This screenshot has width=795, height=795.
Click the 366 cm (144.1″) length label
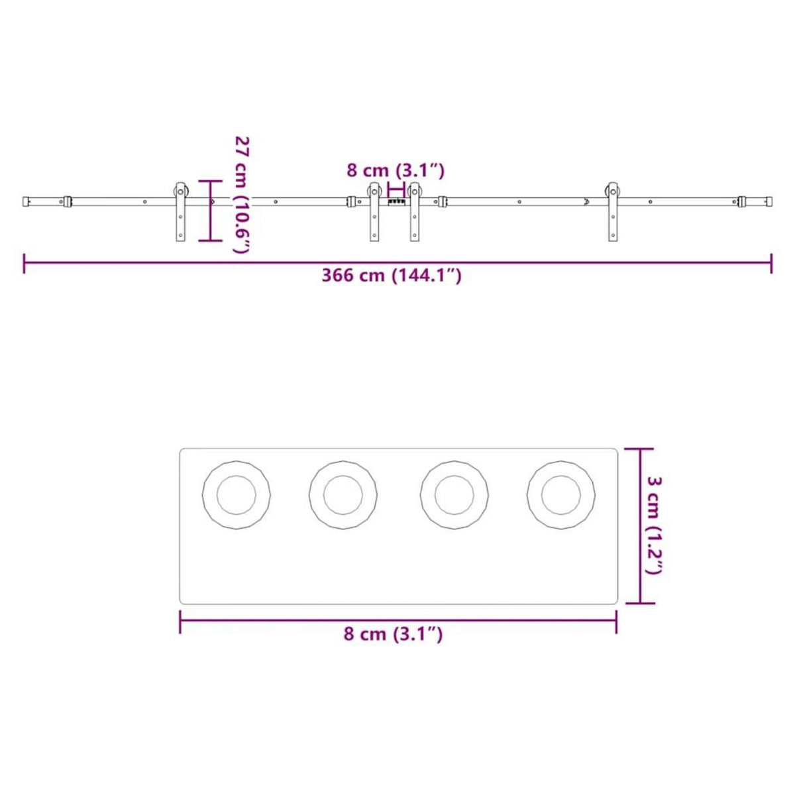[392, 276]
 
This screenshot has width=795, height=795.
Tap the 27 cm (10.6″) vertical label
[242, 194]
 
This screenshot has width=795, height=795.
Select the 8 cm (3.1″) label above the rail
[396, 170]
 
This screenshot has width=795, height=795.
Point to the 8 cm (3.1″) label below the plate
[393, 634]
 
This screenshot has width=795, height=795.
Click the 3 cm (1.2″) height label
[654, 525]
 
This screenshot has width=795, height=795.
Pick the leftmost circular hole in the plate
[237, 495]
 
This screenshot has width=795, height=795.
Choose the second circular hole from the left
[343, 495]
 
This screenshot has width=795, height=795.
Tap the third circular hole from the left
[454, 495]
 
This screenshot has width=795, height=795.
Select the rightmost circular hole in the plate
[561, 495]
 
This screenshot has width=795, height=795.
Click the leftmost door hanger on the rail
[180, 211]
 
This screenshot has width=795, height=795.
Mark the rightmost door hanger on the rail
[611, 211]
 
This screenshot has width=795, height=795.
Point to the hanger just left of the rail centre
[375, 211]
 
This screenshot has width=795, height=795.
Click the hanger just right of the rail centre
[415, 211]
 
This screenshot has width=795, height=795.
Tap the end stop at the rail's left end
[26, 200]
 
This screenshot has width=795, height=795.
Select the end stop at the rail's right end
[768, 200]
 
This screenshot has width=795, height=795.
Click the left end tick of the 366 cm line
[25, 263]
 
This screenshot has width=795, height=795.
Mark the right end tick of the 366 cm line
[771, 263]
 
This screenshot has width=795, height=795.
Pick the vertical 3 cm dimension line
[640, 525]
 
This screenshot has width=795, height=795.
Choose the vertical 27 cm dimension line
[211, 211]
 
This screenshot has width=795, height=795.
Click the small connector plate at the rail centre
[396, 200]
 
